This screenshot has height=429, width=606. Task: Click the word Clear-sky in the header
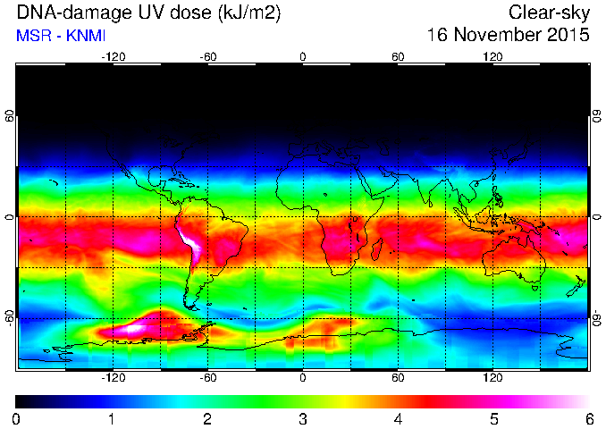(x=549, y=13)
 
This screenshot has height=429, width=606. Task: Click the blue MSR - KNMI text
(x=61, y=36)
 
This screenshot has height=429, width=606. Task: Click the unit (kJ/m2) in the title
(x=249, y=13)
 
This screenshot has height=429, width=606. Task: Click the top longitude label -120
(x=114, y=57)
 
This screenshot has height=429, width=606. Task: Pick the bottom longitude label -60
(x=208, y=377)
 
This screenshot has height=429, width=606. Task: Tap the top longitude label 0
(x=303, y=57)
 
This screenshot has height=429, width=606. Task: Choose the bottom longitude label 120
(x=492, y=377)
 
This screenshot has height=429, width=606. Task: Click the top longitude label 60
(x=398, y=57)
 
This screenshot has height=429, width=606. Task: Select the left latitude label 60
(x=9, y=115)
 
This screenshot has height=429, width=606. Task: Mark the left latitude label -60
(x=9, y=318)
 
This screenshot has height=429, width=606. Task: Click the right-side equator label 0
(x=597, y=217)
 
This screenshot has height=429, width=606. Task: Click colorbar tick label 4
(x=398, y=419)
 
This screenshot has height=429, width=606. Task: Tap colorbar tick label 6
(x=589, y=419)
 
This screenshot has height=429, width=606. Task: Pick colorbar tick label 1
(x=112, y=419)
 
